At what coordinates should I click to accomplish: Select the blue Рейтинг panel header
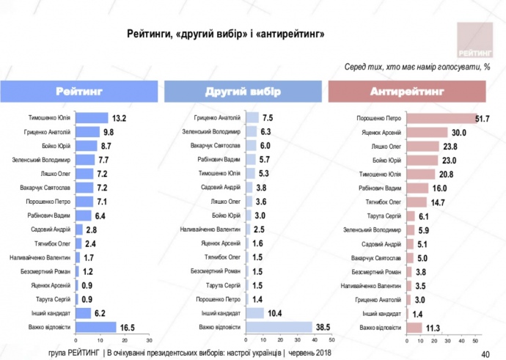pos(78,92)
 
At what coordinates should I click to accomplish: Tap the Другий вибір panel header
pos(242,92)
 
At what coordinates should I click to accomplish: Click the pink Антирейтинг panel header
pos(408,92)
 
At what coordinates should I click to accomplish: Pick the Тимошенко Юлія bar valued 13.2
pos(92,118)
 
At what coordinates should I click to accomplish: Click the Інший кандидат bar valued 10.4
pos(251,312)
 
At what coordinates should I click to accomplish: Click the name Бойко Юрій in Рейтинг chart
pos(56,146)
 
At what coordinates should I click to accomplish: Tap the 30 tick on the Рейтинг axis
pos(149,340)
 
